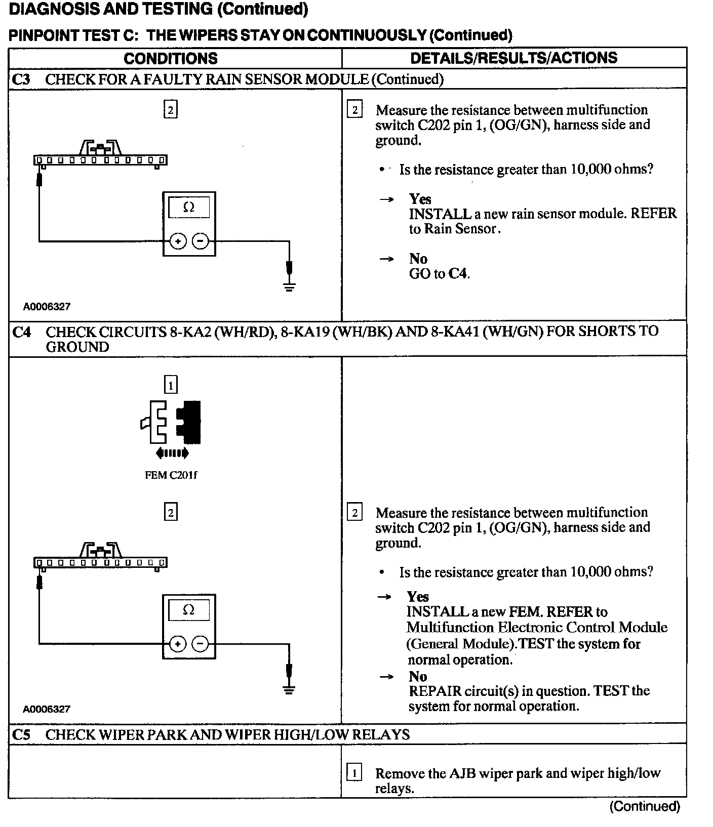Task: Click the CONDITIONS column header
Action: click(170, 58)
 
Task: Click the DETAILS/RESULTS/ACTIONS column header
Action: click(513, 58)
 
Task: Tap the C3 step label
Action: click(21, 79)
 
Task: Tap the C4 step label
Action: click(21, 332)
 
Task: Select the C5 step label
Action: click(21, 734)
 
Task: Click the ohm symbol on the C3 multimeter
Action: click(188, 207)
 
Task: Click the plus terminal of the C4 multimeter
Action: click(178, 644)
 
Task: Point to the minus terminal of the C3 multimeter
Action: click(201, 241)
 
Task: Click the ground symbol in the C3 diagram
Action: click(289, 287)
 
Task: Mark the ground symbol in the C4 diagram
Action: click(289, 690)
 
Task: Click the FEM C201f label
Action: click(171, 475)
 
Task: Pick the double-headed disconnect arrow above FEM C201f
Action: click(172, 453)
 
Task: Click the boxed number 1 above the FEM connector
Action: click(171, 386)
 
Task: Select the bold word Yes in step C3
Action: click(420, 199)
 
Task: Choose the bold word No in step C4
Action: click(418, 677)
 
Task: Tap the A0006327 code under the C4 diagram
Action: click(47, 709)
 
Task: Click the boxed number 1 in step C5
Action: click(354, 773)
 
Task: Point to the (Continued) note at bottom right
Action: click(644, 806)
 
